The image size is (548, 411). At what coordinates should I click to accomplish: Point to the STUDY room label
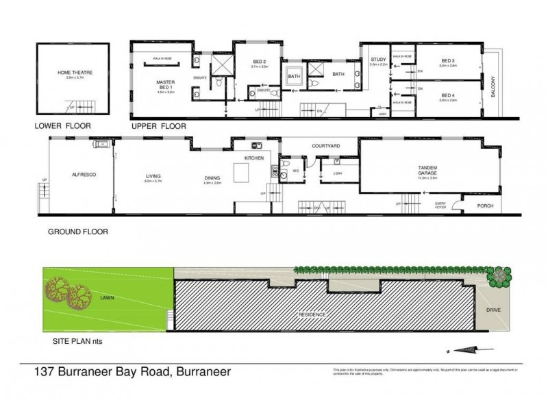tap(378, 59)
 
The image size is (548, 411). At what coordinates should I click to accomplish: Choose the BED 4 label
tap(448, 95)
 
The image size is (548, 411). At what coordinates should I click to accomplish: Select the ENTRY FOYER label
tap(440, 203)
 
